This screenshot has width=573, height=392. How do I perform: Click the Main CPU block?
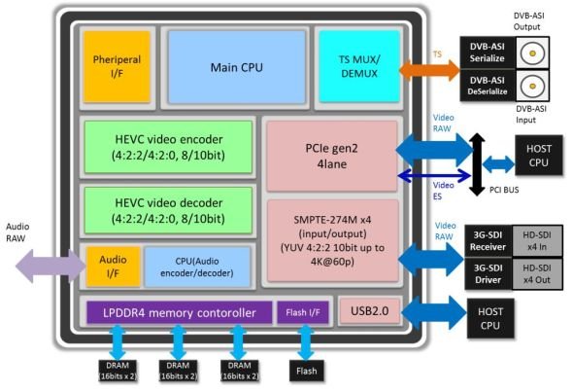click(x=236, y=67)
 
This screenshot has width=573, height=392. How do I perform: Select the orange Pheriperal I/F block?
click(x=117, y=66)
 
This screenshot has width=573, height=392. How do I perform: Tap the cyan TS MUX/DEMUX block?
click(x=359, y=66)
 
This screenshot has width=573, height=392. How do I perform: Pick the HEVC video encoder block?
click(x=168, y=147)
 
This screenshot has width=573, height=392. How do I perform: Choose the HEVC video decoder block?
click(x=168, y=210)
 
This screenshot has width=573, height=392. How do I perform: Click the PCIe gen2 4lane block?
click(x=332, y=157)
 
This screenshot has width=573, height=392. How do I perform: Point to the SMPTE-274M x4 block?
click(x=332, y=240)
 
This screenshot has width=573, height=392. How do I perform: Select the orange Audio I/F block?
click(x=114, y=267)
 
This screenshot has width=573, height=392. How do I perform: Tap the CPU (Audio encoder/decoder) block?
click(x=197, y=267)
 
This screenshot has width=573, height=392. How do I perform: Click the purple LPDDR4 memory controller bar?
click(x=179, y=312)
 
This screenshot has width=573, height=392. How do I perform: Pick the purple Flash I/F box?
click(x=303, y=312)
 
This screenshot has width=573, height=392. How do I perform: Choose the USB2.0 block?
click(x=369, y=311)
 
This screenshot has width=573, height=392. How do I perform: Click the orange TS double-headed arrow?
click(x=429, y=69)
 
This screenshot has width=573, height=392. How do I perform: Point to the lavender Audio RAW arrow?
click(x=51, y=266)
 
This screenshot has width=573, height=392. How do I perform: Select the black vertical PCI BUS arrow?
click(x=477, y=164)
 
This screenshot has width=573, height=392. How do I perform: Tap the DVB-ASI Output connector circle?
click(x=532, y=53)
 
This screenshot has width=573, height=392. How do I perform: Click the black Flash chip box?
click(x=307, y=372)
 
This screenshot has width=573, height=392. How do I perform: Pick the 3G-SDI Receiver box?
click(x=488, y=241)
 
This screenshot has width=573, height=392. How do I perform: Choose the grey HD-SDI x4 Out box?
click(x=537, y=274)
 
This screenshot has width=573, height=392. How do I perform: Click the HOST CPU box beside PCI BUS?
click(x=539, y=156)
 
